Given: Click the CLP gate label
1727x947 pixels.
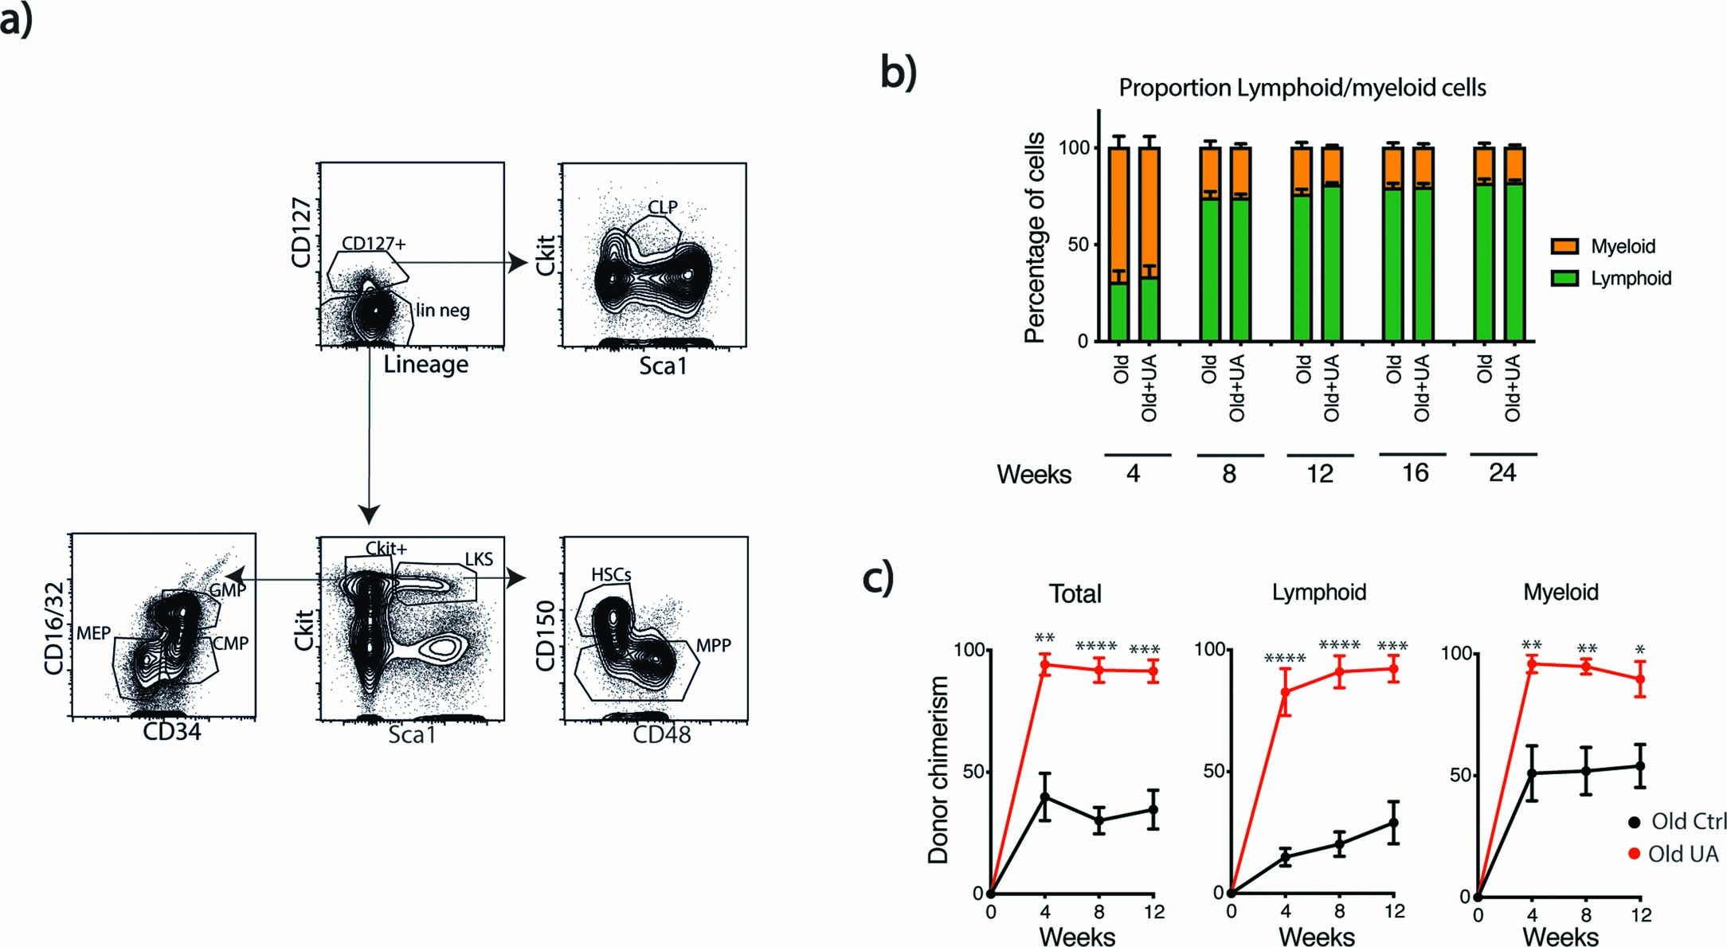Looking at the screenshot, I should pyautogui.click(x=663, y=207).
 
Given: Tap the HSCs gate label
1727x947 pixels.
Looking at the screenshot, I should pyautogui.click(x=611, y=574).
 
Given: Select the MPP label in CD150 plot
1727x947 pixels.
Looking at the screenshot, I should pyautogui.click(x=713, y=646).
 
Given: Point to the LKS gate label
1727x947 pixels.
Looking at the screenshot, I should pyautogui.click(x=479, y=559).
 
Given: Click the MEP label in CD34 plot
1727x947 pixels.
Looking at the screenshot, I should pyautogui.click(x=93, y=634).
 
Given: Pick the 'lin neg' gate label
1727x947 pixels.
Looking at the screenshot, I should pyautogui.click(x=443, y=310).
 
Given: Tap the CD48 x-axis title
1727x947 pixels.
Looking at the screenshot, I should pyautogui.click(x=661, y=734).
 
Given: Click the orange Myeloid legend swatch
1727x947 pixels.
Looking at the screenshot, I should pyautogui.click(x=1564, y=246).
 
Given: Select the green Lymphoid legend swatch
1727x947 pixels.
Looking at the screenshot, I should pyautogui.click(x=1564, y=279).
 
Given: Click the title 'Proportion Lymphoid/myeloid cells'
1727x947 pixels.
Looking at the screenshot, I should pyautogui.click(x=1302, y=88).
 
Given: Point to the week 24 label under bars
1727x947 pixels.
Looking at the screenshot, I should pyautogui.click(x=1502, y=473).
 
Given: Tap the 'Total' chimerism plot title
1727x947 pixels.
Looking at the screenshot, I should pyautogui.click(x=1075, y=593).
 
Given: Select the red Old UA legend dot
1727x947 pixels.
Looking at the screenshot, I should pyautogui.click(x=1634, y=855).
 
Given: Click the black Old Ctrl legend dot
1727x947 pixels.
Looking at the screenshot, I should pyautogui.click(x=1635, y=821).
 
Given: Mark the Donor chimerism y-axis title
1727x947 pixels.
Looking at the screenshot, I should pyautogui.click(x=938, y=770).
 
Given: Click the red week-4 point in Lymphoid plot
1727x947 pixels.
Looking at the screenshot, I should pyautogui.click(x=1285, y=691).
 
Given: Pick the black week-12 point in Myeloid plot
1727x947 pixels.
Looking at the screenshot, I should pyautogui.click(x=1640, y=766).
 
